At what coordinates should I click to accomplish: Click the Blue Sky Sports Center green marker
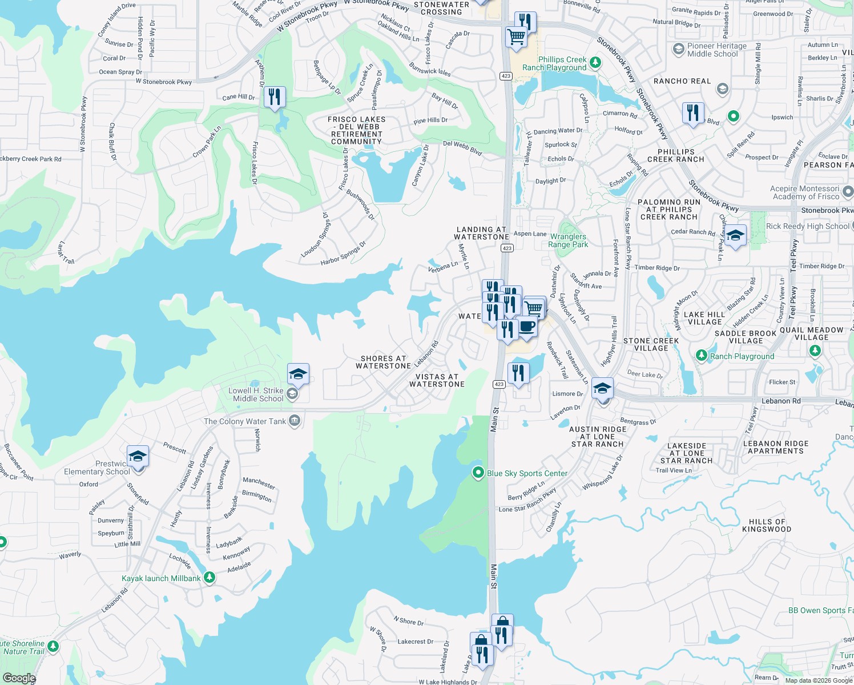pyautogui.click(x=478, y=473)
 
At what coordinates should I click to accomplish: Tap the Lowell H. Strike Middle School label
pyautogui.click(x=258, y=394)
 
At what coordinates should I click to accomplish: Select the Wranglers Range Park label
pyautogui.click(x=567, y=240)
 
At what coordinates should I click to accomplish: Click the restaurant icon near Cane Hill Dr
pyautogui.click(x=275, y=97)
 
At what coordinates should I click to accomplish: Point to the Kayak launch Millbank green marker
pyautogui.click(x=210, y=578)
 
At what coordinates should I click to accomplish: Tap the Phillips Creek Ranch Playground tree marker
pyautogui.click(x=595, y=62)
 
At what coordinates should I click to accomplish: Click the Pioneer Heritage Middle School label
pyautogui.click(x=716, y=50)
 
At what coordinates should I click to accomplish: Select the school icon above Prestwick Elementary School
pyautogui.click(x=138, y=457)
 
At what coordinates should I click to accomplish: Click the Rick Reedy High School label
pyautogui.click(x=807, y=226)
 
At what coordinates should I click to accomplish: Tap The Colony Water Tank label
pyautogui.click(x=245, y=421)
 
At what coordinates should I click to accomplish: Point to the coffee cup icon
pyautogui.click(x=527, y=327)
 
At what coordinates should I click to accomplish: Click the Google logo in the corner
pyautogui.click(x=19, y=678)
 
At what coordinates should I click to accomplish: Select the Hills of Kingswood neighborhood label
pyautogui.click(x=767, y=525)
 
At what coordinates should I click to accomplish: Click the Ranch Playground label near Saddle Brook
pyautogui.click(x=742, y=356)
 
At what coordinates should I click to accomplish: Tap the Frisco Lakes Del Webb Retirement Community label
pyautogui.click(x=357, y=130)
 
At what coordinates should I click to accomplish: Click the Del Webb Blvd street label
pyautogui.click(x=462, y=148)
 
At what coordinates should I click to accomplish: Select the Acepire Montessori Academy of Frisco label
pyautogui.click(x=805, y=192)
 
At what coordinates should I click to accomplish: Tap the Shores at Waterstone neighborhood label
pyautogui.click(x=383, y=362)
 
